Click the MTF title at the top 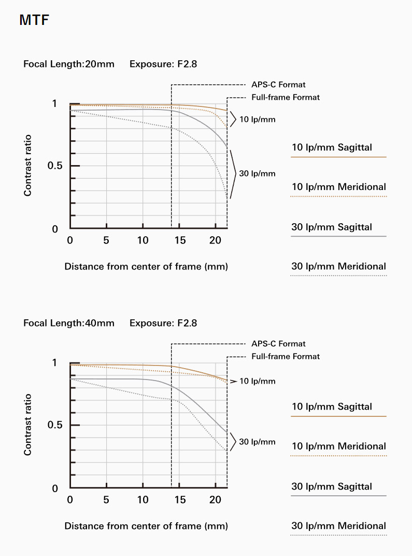(34, 21)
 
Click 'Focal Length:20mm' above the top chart (69, 64)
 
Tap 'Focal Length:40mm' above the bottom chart (69, 323)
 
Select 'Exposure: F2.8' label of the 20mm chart (163, 64)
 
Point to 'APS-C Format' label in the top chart (278, 84)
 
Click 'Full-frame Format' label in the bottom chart (286, 357)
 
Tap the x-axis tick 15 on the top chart (179, 240)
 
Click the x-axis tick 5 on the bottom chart (106, 500)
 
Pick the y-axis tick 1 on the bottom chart (54, 363)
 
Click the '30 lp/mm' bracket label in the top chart (257, 173)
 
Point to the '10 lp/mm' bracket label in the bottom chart (257, 382)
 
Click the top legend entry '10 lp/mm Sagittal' (332, 147)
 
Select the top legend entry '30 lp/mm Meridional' (339, 266)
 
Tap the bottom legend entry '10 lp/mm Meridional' (339, 446)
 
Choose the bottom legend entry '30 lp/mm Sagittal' (332, 486)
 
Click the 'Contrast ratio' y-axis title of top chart (28, 165)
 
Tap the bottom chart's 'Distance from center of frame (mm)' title (146, 526)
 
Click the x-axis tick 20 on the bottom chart (216, 500)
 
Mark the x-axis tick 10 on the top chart (143, 240)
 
